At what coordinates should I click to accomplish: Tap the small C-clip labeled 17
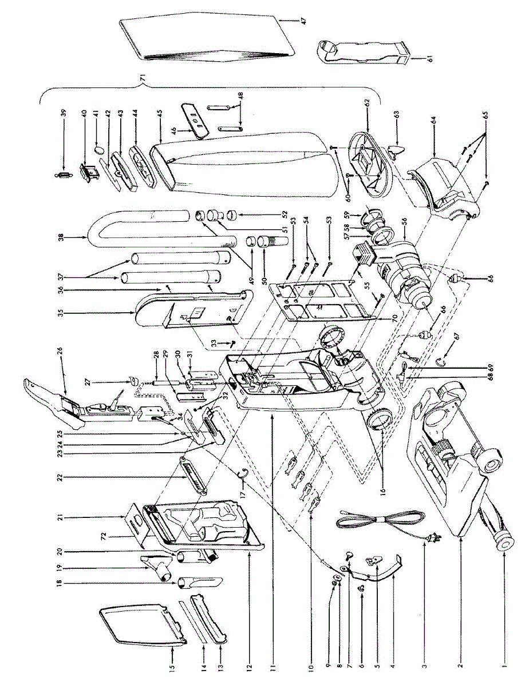click(243, 472)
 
